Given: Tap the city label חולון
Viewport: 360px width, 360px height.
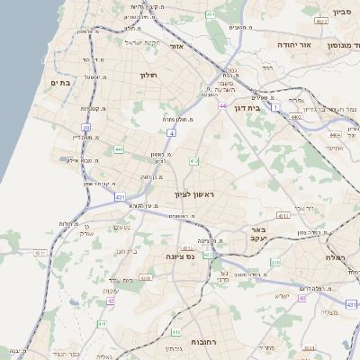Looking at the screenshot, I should pos(148,75).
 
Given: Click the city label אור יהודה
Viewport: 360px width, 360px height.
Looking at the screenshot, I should pos(316,44).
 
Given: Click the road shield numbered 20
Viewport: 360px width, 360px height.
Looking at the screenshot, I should pos(85,128).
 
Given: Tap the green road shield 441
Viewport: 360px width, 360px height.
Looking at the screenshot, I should pos(120,149).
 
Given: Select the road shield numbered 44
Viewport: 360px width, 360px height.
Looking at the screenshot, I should pos(221,105).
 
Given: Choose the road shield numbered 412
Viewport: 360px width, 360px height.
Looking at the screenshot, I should pos(193,161).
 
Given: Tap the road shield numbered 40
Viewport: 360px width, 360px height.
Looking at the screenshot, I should pos(302,298).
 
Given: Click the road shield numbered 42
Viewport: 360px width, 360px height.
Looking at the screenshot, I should pos(110,301).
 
